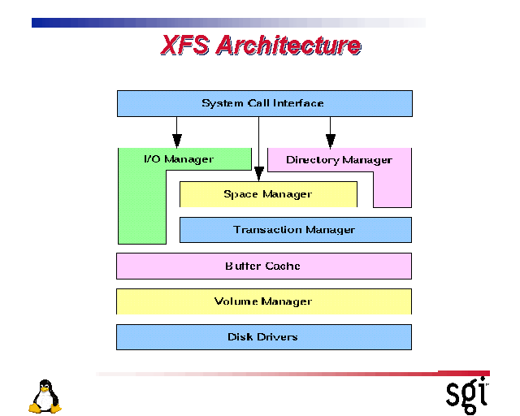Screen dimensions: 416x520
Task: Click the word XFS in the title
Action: [185, 45]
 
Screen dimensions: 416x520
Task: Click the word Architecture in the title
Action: [288, 45]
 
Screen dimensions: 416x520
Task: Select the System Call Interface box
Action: [264, 103]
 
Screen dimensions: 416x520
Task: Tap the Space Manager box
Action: [268, 194]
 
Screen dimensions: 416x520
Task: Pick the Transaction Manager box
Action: [295, 230]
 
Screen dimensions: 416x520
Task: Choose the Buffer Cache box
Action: [263, 266]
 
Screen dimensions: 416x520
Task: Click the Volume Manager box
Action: [263, 301]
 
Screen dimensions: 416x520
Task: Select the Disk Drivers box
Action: [263, 336]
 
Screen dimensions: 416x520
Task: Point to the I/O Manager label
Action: [179, 159]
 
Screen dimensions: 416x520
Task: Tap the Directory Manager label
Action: [339, 160]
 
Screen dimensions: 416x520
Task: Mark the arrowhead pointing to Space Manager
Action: [258, 172]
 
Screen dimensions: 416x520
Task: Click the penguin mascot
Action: [45, 396]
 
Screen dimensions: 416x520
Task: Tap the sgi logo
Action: [468, 393]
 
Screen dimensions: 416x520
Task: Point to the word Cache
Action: [284, 266]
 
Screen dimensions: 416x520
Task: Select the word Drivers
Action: [279, 336]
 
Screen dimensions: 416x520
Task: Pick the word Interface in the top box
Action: [297, 103]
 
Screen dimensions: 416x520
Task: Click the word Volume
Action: [236, 301]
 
